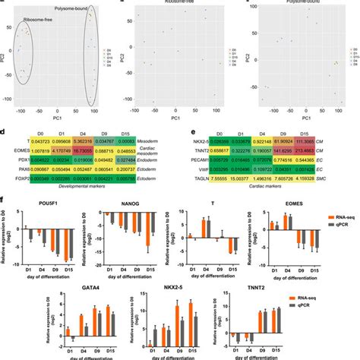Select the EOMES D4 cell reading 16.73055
coord(83,152)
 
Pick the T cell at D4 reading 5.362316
coord(83,142)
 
